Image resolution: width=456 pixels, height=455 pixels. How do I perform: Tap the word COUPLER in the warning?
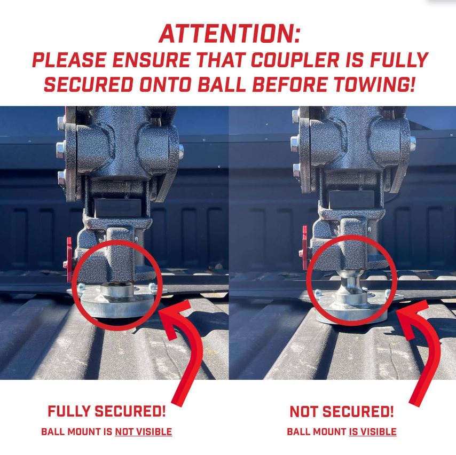pos(295,60)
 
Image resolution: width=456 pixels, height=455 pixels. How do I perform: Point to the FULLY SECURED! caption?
pos(107,411)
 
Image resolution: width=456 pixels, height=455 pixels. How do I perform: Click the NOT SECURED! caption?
pos(342,412)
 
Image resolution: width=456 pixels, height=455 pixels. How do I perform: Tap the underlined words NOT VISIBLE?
pos(144,432)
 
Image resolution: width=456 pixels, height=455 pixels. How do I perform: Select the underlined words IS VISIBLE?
pos(373,432)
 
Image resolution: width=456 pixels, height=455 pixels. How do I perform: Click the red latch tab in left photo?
pos(69,259)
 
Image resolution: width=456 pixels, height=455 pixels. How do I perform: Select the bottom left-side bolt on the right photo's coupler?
pos(296,170)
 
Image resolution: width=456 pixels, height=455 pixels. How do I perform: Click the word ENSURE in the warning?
pos(151,60)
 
